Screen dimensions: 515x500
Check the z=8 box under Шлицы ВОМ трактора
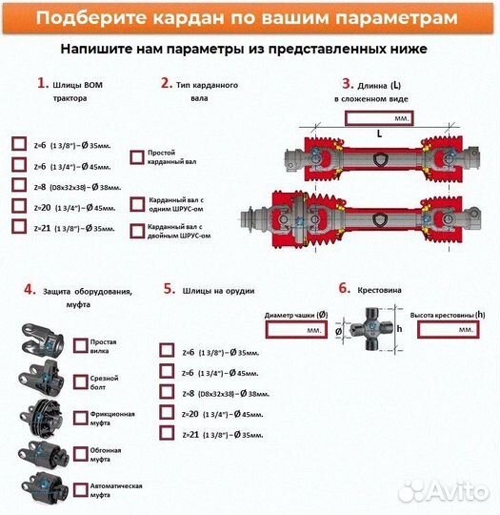click(19, 185)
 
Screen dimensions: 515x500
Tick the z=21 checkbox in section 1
click(19, 227)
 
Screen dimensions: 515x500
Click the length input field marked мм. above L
click(379, 118)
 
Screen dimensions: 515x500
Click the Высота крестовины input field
click(445, 329)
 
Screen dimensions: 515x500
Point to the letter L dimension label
click(379, 134)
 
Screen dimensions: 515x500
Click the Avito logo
click(443, 490)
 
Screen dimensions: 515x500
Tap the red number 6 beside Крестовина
click(344, 288)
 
